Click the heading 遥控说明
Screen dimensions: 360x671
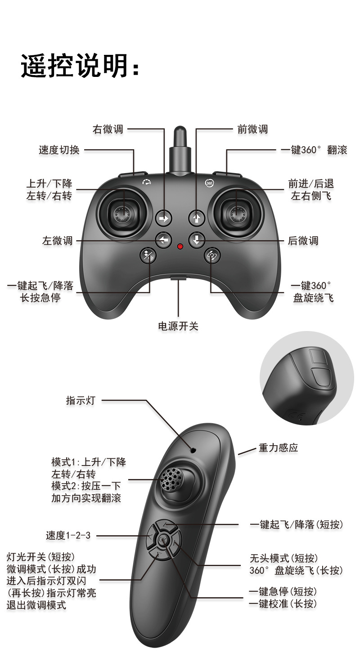pos(80,67)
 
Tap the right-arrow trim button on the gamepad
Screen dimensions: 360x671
pos(164,219)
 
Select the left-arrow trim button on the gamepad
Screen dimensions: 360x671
pos(163,240)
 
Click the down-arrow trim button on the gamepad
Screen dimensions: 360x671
pos(196,240)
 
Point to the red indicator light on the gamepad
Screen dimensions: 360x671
pos(180,246)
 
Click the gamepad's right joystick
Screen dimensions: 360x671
pos(237,213)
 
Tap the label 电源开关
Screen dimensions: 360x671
pos(178,326)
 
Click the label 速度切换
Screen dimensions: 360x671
pos(59,150)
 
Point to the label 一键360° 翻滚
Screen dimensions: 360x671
pos(314,150)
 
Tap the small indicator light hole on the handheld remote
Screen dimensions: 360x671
pos(193,450)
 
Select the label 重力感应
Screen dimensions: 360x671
pos(278,448)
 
